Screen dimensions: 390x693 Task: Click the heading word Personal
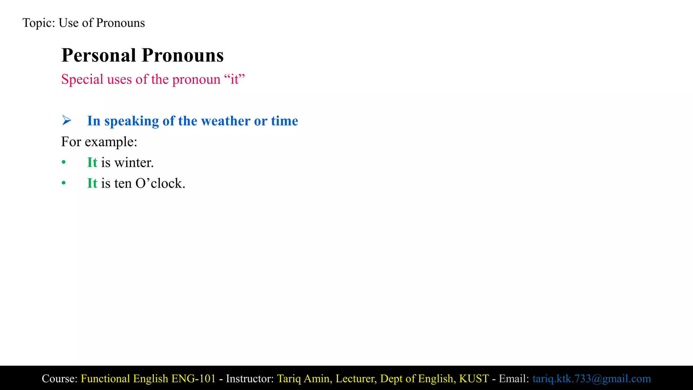tap(98, 55)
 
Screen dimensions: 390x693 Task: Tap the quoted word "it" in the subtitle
tap(234, 80)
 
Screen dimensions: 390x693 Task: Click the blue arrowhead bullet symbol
tap(67, 121)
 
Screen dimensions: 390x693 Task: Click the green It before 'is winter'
tap(92, 162)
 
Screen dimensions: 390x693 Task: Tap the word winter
tap(134, 163)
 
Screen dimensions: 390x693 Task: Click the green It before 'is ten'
tap(92, 183)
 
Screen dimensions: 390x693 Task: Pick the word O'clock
tap(160, 183)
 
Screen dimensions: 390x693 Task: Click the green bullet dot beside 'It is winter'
tap(64, 163)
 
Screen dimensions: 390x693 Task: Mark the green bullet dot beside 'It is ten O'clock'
tap(64, 183)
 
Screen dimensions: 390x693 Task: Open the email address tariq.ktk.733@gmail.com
tap(591, 378)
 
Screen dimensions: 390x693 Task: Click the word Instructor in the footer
tap(249, 378)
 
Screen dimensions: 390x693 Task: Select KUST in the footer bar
tap(474, 378)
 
